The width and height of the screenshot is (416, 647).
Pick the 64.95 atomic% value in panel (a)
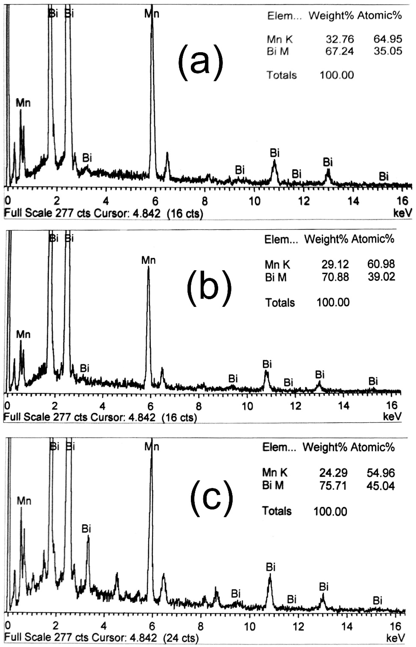[388, 39]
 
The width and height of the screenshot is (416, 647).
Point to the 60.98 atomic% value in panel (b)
[381, 264]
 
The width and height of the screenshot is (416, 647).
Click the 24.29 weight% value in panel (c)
[333, 473]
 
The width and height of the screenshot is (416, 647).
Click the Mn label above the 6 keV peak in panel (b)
[148, 261]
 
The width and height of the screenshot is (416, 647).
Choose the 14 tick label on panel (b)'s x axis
[344, 406]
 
